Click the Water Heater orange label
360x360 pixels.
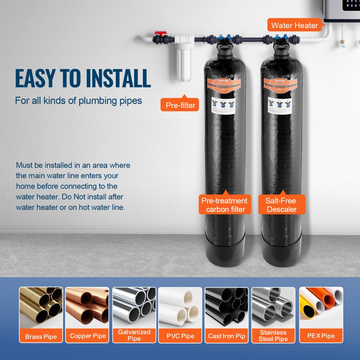[294, 26]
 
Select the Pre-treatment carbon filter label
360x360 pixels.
[225, 205]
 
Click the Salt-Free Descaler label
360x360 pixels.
[282, 205]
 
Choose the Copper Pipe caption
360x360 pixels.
[88, 336]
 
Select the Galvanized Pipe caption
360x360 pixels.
[134, 335]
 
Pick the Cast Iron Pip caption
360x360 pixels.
[227, 336]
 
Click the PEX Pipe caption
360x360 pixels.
[321, 336]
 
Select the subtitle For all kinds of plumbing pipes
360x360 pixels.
[78, 100]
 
